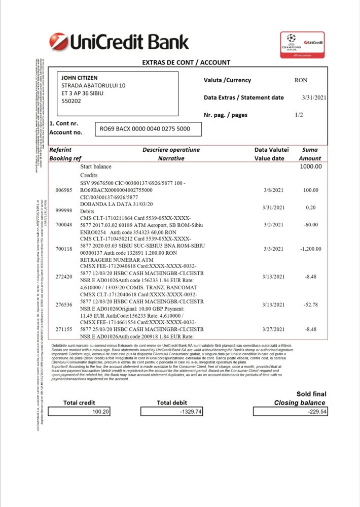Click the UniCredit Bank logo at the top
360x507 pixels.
click(x=119, y=42)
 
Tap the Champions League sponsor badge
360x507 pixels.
click(x=302, y=46)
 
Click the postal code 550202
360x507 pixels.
click(x=71, y=101)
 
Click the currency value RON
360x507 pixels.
click(x=301, y=80)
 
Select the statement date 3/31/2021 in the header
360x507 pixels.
click(x=314, y=97)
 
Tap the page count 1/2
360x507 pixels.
click(x=299, y=115)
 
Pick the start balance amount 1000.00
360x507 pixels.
click(x=310, y=166)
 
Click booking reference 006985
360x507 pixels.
click(x=64, y=190)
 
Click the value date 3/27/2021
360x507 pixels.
click(x=275, y=329)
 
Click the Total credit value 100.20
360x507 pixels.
click(x=100, y=412)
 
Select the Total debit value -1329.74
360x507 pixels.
click(x=191, y=412)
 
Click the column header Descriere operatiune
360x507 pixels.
click(x=171, y=150)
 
